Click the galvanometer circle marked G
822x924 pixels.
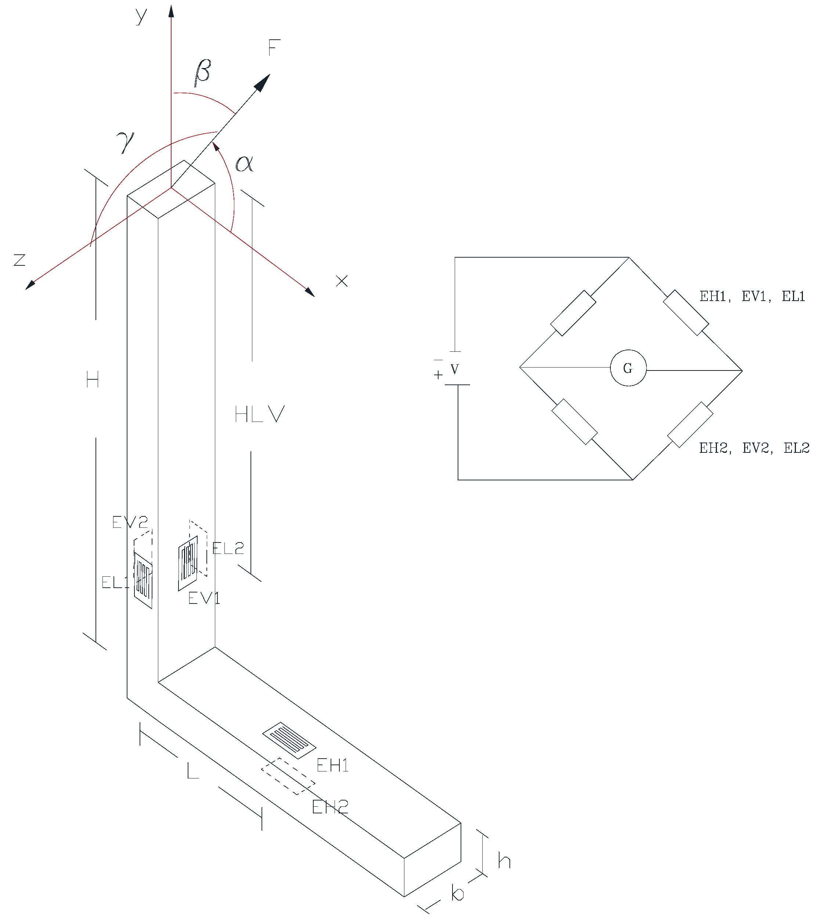click(628, 368)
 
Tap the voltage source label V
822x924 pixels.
click(454, 369)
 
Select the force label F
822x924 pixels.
click(274, 47)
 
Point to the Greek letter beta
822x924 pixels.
click(202, 72)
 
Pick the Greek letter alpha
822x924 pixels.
click(244, 163)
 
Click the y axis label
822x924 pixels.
click(141, 16)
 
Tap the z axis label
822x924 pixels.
click(19, 260)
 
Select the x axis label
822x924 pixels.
click(342, 281)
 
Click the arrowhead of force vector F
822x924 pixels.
click(263, 82)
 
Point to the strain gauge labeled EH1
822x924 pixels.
click(289, 740)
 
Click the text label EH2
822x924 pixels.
click(330, 807)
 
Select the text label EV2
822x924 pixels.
click(130, 523)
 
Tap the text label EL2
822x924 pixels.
click(228, 548)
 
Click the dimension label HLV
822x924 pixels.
click(260, 414)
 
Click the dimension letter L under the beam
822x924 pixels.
click(193, 770)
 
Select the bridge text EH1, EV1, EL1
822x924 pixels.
click(752, 297)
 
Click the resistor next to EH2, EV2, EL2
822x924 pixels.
click(690, 425)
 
